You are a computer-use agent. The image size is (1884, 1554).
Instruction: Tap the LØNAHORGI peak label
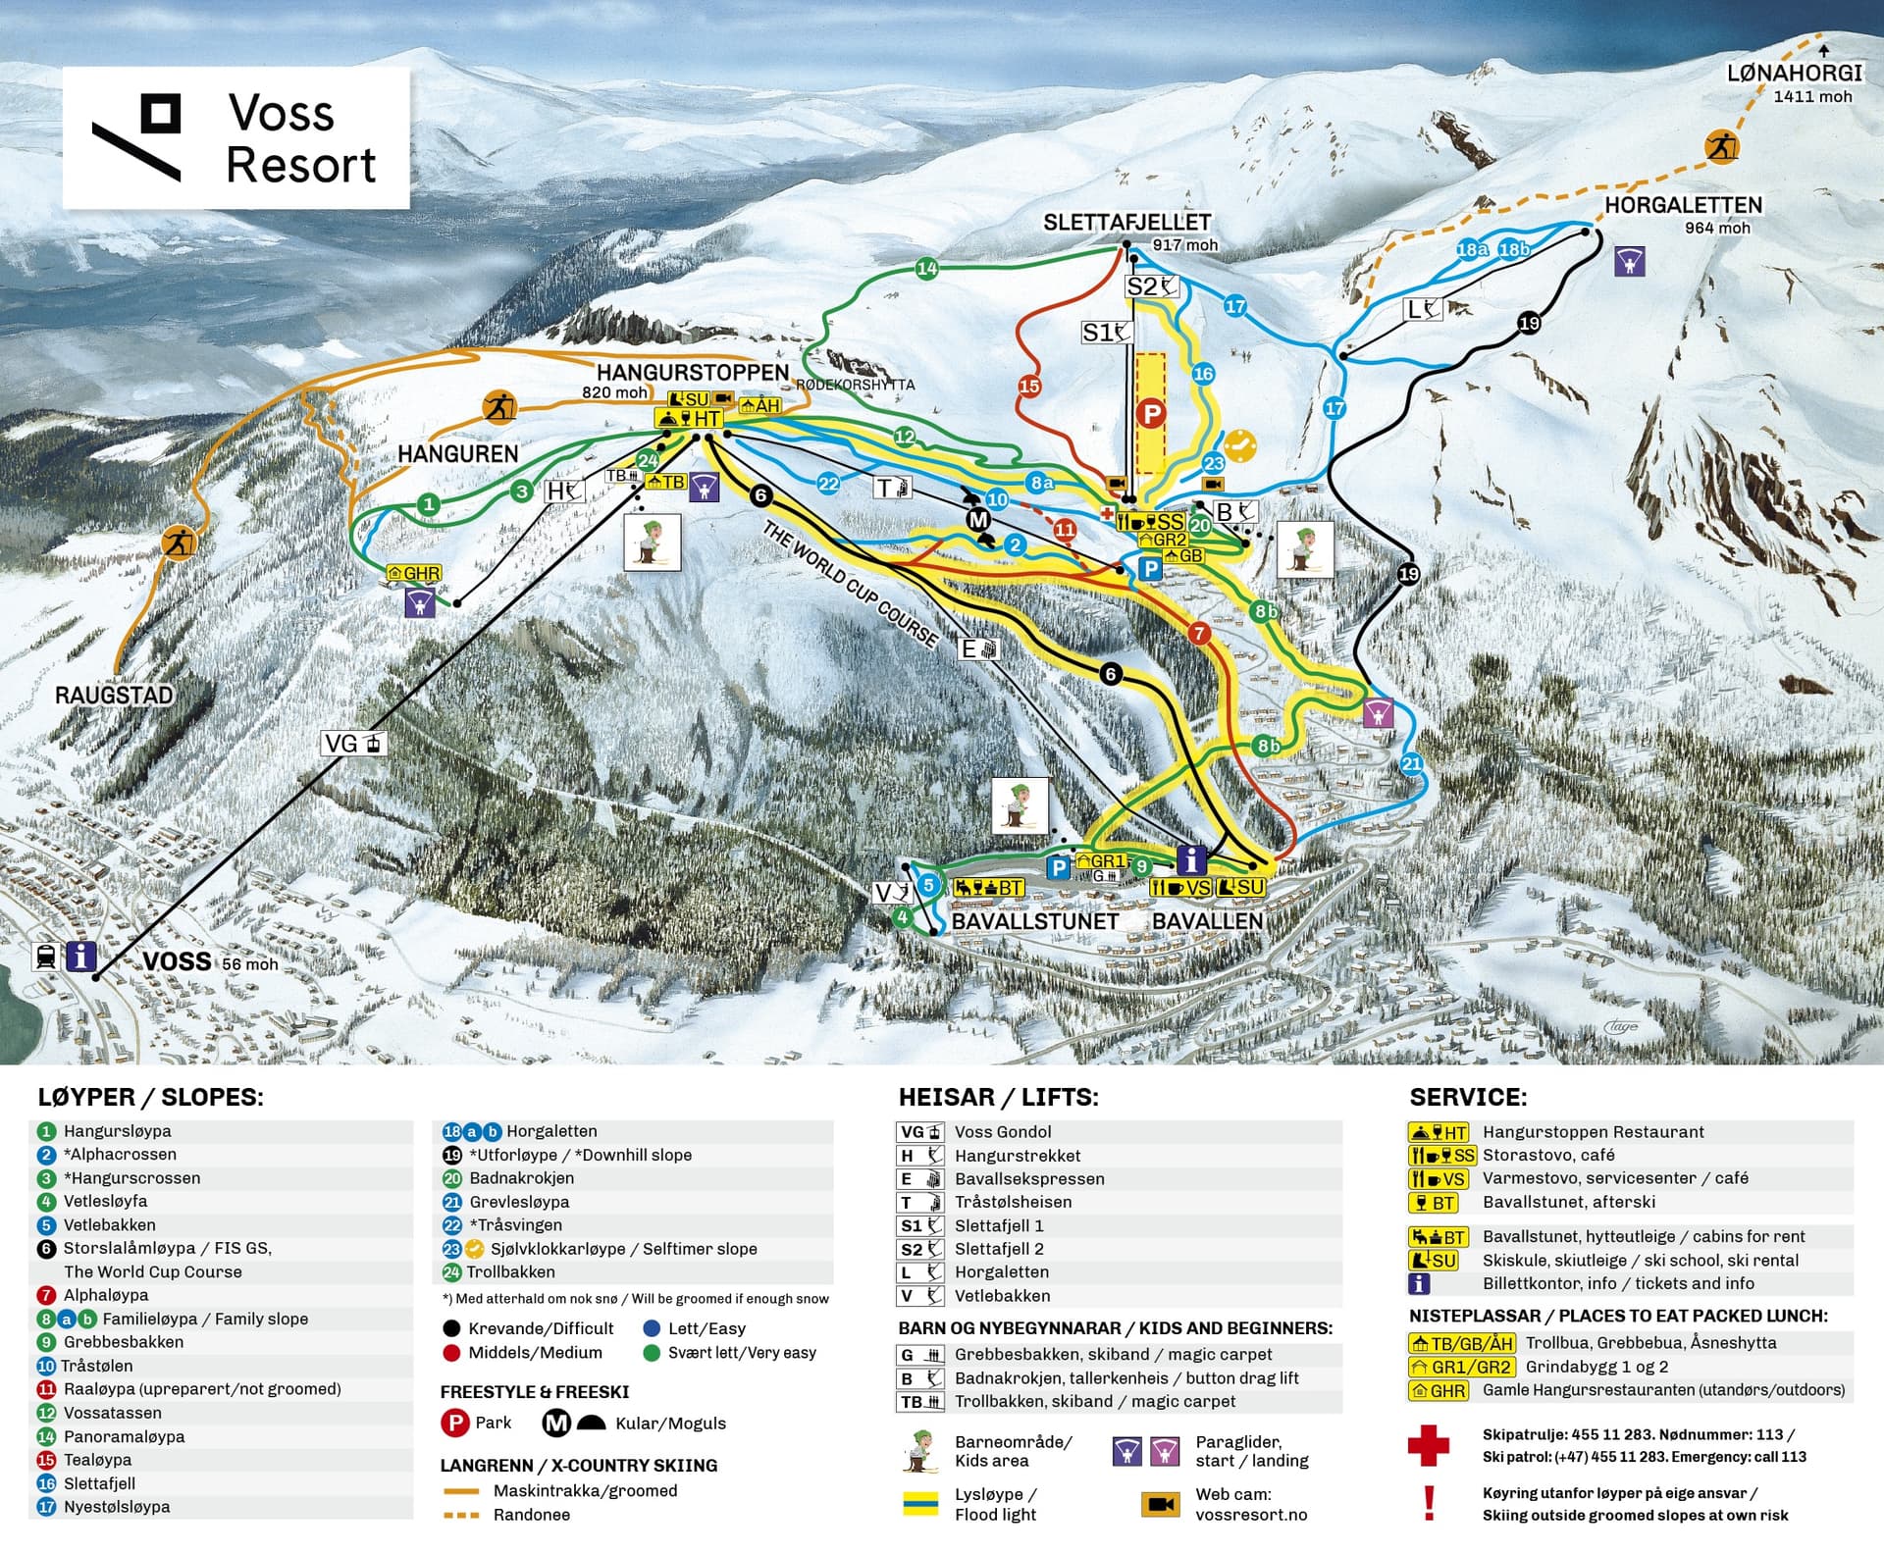pyautogui.click(x=1795, y=74)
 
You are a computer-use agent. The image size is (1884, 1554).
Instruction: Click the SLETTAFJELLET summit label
pyautogui.click(x=1126, y=223)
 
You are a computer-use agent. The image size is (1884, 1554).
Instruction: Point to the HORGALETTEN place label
pyautogui.click(x=1683, y=205)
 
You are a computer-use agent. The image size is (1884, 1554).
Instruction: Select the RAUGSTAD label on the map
pyautogui.click(x=114, y=696)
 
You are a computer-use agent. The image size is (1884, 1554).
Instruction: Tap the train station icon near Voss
pyautogui.click(x=45, y=956)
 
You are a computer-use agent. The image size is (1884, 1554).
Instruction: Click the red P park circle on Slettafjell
pyautogui.click(x=1150, y=413)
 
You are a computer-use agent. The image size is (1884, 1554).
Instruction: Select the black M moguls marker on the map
pyautogui.click(x=977, y=519)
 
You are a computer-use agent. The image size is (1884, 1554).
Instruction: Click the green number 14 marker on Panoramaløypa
pyautogui.click(x=926, y=268)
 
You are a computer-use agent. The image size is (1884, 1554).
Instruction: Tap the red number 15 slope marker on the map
pyautogui.click(x=1028, y=387)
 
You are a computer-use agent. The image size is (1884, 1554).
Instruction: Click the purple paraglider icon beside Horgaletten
pyautogui.click(x=1629, y=261)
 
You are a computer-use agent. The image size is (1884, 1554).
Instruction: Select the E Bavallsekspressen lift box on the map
pyautogui.click(x=978, y=648)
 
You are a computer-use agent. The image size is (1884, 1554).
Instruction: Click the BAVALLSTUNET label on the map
pyautogui.click(x=1035, y=921)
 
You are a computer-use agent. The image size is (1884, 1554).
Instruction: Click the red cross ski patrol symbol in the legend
pyautogui.click(x=1428, y=1445)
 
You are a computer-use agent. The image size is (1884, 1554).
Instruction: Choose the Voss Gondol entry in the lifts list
pyautogui.click(x=1002, y=1132)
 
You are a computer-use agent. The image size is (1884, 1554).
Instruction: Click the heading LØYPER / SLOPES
pyautogui.click(x=150, y=1097)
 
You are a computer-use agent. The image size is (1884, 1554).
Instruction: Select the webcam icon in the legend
pyautogui.click(x=1160, y=1504)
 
